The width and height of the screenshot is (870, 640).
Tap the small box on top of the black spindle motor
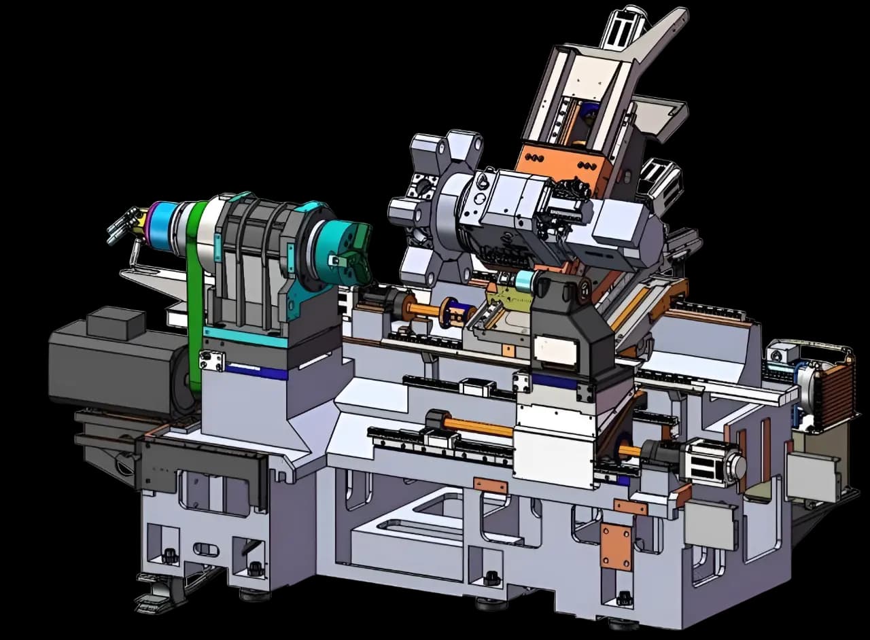(116, 323)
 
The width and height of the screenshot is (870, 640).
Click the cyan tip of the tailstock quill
(524, 281)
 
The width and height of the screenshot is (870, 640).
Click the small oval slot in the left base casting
(206, 549)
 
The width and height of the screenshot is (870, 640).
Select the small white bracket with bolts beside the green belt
(211, 361)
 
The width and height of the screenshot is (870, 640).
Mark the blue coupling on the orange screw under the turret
(449, 312)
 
